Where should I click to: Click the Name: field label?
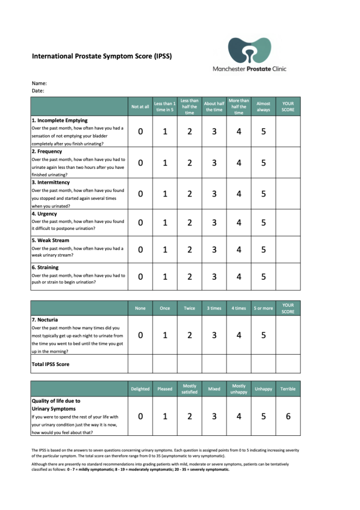39,83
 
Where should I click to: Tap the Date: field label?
38,91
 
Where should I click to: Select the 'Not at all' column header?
140,107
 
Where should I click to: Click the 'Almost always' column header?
263,107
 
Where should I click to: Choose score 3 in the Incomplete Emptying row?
214,132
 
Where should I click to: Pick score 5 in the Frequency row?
263,163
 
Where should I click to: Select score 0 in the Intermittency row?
140,194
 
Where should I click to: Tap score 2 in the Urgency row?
189,223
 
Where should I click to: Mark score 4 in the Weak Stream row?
239,250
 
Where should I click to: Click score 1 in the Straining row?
165,277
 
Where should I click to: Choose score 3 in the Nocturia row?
214,335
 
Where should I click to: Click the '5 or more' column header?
263,308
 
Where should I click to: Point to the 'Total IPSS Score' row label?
51,364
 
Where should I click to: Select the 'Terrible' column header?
288,389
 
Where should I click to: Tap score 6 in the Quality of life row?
288,416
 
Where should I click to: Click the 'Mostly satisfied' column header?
189,389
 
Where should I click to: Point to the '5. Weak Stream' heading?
51,240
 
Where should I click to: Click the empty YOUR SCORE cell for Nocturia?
288,335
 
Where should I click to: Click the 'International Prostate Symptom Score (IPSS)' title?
102,56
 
